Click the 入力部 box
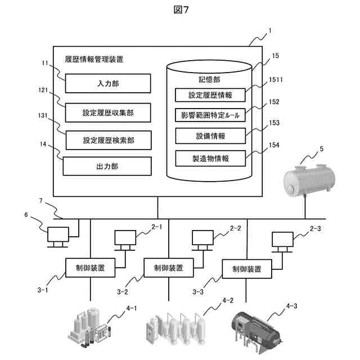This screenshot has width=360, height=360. click(108, 84)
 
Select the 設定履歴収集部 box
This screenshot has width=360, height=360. click(108, 112)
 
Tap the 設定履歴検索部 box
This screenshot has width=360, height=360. click(108, 140)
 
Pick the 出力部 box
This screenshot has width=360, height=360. click(106, 166)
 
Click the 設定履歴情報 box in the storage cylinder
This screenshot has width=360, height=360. click(210, 95)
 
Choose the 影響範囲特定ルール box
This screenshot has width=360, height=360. click(210, 115)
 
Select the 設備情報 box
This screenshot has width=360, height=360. click(210, 136)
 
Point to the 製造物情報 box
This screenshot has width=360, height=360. click(210, 158)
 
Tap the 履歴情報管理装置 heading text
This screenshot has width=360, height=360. click(94, 58)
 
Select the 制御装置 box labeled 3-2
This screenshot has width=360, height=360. click(167, 268)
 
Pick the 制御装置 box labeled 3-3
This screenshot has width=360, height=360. click(245, 269)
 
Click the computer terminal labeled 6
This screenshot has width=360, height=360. click(58, 236)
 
